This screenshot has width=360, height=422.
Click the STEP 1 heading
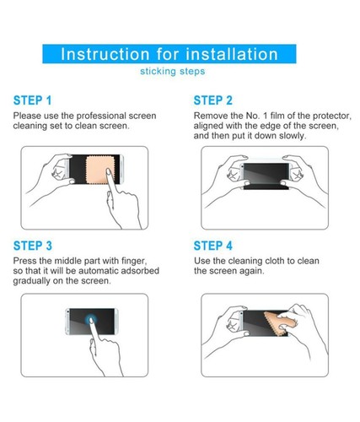click(x=33, y=100)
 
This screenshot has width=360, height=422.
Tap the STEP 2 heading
click(x=213, y=100)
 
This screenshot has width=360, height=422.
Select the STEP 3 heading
click(x=33, y=246)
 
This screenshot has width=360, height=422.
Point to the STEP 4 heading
click(x=213, y=246)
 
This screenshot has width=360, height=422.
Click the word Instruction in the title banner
click(x=105, y=54)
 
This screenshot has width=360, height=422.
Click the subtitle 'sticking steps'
click(x=173, y=71)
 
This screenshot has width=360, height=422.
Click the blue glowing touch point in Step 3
click(x=91, y=319)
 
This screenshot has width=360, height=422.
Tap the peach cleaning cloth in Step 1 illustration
click(x=100, y=170)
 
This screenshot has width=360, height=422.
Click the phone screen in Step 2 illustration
click(x=266, y=173)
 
